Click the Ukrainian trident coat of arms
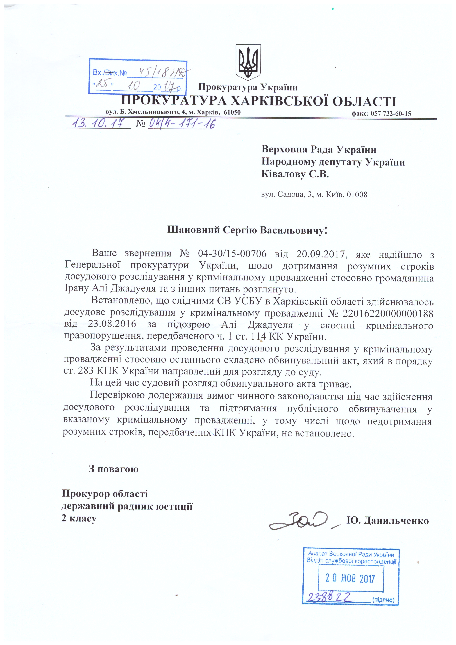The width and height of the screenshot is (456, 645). (x=248, y=62)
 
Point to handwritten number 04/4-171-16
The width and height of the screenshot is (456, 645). (x=181, y=124)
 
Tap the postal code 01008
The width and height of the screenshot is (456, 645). (x=357, y=194)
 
